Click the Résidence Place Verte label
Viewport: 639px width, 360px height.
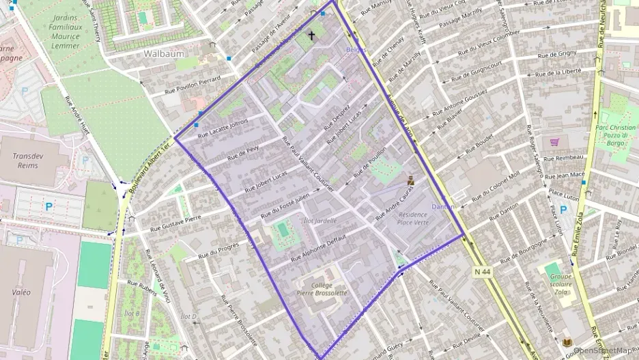point(413,218)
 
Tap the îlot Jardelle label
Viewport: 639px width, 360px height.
point(319,221)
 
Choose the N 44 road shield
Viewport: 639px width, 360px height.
point(482,272)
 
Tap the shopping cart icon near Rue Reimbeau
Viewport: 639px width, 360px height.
point(554,142)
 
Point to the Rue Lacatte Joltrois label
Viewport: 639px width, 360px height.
point(223,127)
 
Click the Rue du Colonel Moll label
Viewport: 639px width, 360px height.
point(495,185)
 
